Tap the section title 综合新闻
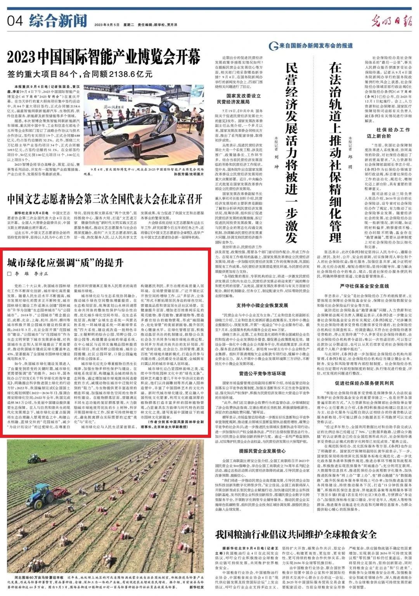click(58, 20)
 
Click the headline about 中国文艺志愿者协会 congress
click(105, 199)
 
